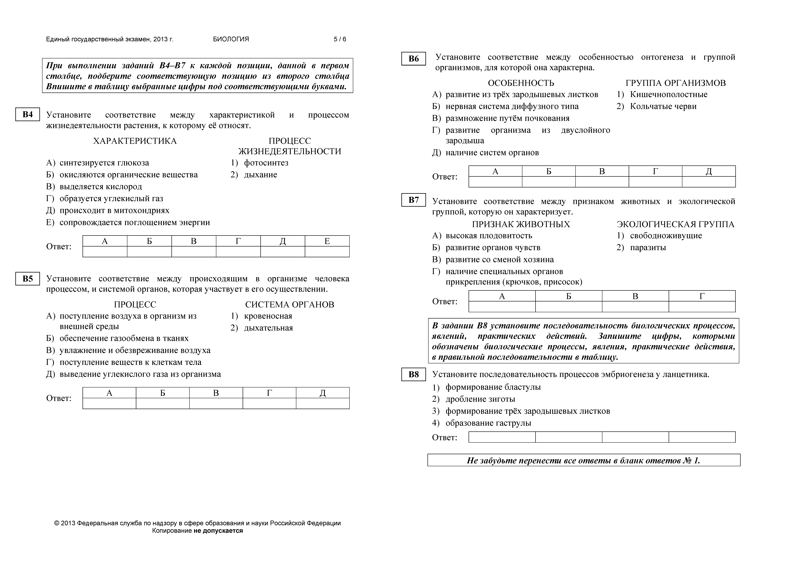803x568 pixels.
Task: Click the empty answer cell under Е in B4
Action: (x=327, y=252)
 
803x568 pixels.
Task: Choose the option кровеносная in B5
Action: (x=268, y=316)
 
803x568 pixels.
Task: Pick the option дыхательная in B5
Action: (x=268, y=328)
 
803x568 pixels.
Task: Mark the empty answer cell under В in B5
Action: (x=216, y=403)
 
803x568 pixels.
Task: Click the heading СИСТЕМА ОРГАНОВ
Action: (x=290, y=304)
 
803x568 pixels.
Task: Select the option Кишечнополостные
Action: (x=668, y=94)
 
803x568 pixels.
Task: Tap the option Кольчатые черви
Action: (x=663, y=106)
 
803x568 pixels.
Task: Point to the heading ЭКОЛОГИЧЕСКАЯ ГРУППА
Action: (x=675, y=224)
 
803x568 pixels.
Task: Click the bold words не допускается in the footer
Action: (x=218, y=531)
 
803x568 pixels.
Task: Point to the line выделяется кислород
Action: (x=101, y=187)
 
